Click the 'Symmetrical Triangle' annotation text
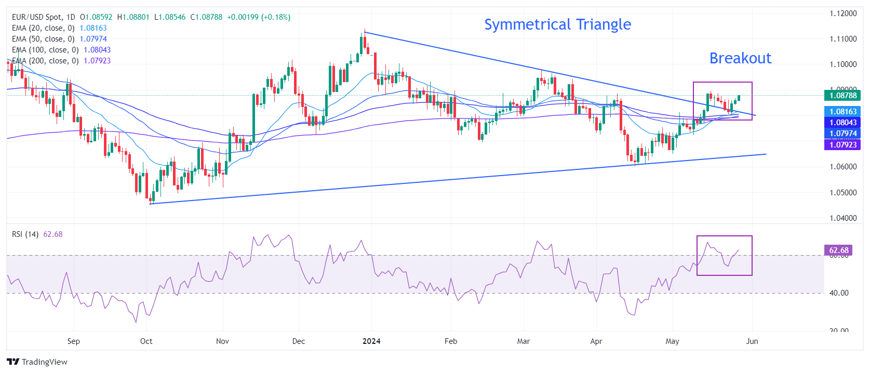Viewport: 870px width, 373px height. (557, 24)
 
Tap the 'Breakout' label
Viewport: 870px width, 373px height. (740, 58)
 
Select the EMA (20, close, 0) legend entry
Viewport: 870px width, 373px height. (43, 28)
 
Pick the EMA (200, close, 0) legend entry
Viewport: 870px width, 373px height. (45, 61)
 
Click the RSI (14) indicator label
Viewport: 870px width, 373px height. (25, 234)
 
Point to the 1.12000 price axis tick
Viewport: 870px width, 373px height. (843, 14)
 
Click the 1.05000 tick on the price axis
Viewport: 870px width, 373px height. (843, 193)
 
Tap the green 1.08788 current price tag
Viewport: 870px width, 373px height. (842, 96)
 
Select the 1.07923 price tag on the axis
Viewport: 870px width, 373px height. (842, 145)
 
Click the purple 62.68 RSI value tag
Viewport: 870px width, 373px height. (838, 250)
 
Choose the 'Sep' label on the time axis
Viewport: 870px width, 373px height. (74, 341)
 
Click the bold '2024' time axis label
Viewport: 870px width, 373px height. (371, 341)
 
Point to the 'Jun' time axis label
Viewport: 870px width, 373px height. (752, 341)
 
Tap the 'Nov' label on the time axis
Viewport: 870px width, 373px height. (222, 341)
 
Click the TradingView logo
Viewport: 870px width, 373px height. (37, 362)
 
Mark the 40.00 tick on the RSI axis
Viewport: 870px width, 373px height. (839, 293)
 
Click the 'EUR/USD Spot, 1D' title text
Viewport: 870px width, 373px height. (44, 17)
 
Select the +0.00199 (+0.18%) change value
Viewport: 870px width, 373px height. (259, 17)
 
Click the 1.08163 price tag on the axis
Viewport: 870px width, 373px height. (842, 112)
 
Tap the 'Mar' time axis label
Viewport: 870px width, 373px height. (524, 341)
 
